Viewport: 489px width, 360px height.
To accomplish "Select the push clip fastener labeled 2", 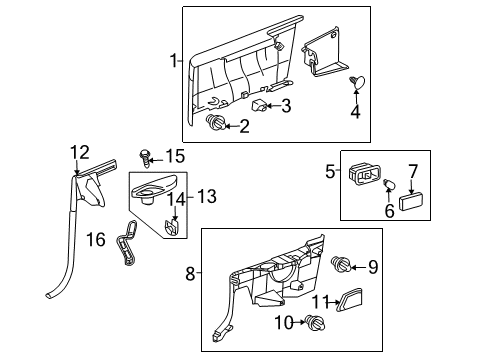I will coord(214,124).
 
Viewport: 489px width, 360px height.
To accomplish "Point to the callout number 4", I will coord(355,112).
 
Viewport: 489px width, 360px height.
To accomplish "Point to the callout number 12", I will coord(79,152).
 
